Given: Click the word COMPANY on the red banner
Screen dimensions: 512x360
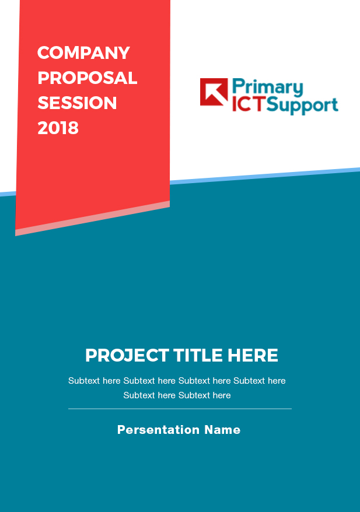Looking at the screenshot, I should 83,53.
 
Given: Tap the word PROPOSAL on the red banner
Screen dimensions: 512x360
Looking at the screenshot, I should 88,78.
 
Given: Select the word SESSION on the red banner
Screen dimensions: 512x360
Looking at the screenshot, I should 77,103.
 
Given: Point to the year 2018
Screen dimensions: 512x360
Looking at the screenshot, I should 58,128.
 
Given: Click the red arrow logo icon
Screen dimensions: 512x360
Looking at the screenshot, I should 214,92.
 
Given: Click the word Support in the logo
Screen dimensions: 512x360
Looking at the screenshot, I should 302,106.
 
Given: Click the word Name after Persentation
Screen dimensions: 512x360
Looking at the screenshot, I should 222,430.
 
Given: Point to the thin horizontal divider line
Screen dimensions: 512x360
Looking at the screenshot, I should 180,409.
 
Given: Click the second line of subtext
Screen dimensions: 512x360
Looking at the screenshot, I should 177,395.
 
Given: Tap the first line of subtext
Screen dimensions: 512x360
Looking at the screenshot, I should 177,381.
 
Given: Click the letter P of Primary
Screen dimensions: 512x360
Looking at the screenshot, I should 238,87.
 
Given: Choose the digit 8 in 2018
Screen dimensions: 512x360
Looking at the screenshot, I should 73,128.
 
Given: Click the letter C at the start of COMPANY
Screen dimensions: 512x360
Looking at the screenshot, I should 43,53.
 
